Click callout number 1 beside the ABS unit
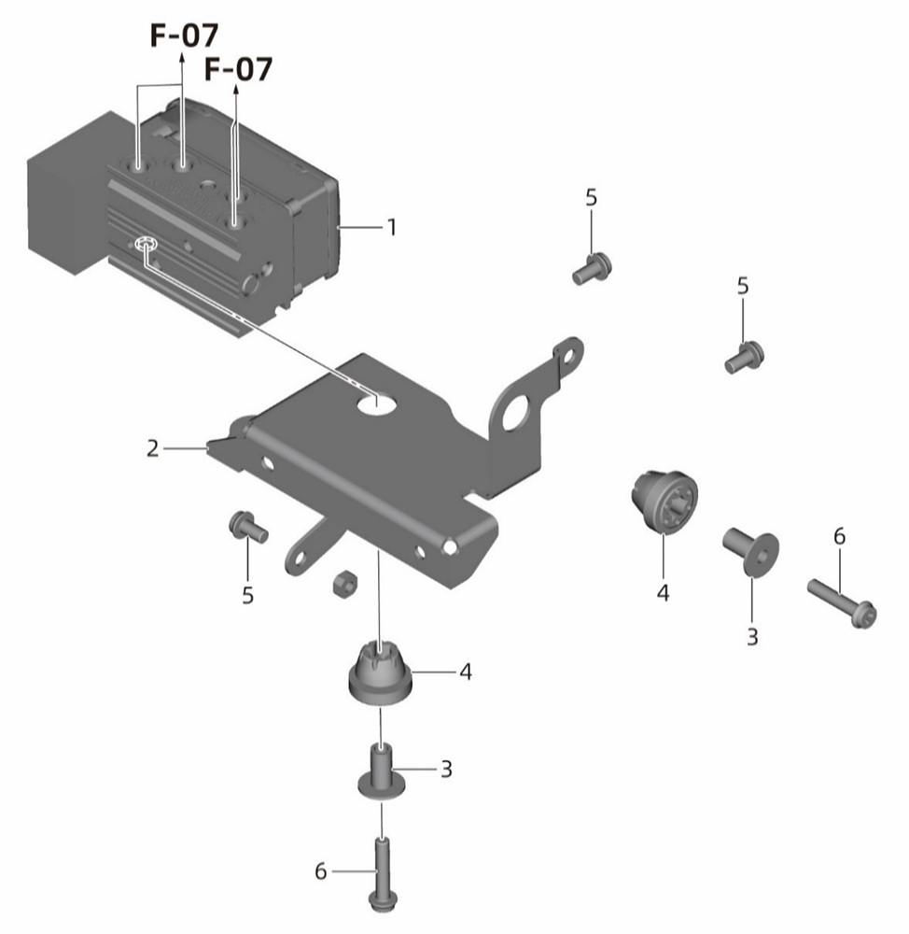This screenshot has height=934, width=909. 391,227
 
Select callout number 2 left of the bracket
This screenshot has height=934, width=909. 153,448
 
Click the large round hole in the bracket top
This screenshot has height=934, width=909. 377,403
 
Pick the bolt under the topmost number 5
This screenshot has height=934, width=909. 593,269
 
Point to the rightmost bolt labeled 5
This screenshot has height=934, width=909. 744,358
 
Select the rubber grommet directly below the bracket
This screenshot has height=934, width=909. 380,673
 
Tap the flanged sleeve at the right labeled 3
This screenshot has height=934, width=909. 750,551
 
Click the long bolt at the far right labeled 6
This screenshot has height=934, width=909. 842,603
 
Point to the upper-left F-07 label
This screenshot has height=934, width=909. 184,35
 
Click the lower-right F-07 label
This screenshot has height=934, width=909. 238,69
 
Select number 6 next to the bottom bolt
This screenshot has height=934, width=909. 320,871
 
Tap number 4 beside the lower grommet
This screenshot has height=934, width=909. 466,672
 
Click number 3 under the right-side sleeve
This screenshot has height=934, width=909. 752,637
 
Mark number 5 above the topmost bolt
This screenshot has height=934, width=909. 591,197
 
